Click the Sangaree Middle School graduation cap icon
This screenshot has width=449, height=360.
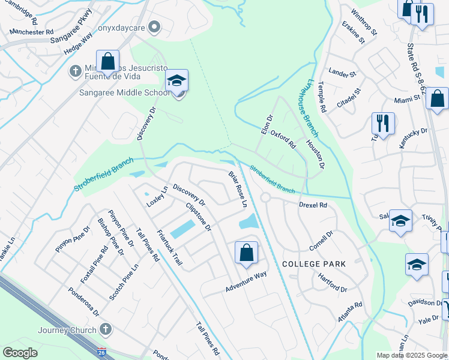click(x=177, y=80)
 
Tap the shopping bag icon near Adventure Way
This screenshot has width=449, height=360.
click(x=246, y=252)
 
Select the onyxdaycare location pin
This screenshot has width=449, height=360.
click(x=154, y=26)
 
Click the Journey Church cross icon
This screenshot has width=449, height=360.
click(x=106, y=329)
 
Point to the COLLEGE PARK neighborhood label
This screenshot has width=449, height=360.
click(x=314, y=264)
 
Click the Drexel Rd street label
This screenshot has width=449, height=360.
click(x=313, y=205)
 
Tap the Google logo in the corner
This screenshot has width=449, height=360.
click(x=20, y=353)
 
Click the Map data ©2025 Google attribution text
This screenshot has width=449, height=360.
click(x=412, y=355)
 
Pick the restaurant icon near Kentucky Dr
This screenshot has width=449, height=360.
click(x=382, y=123)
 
